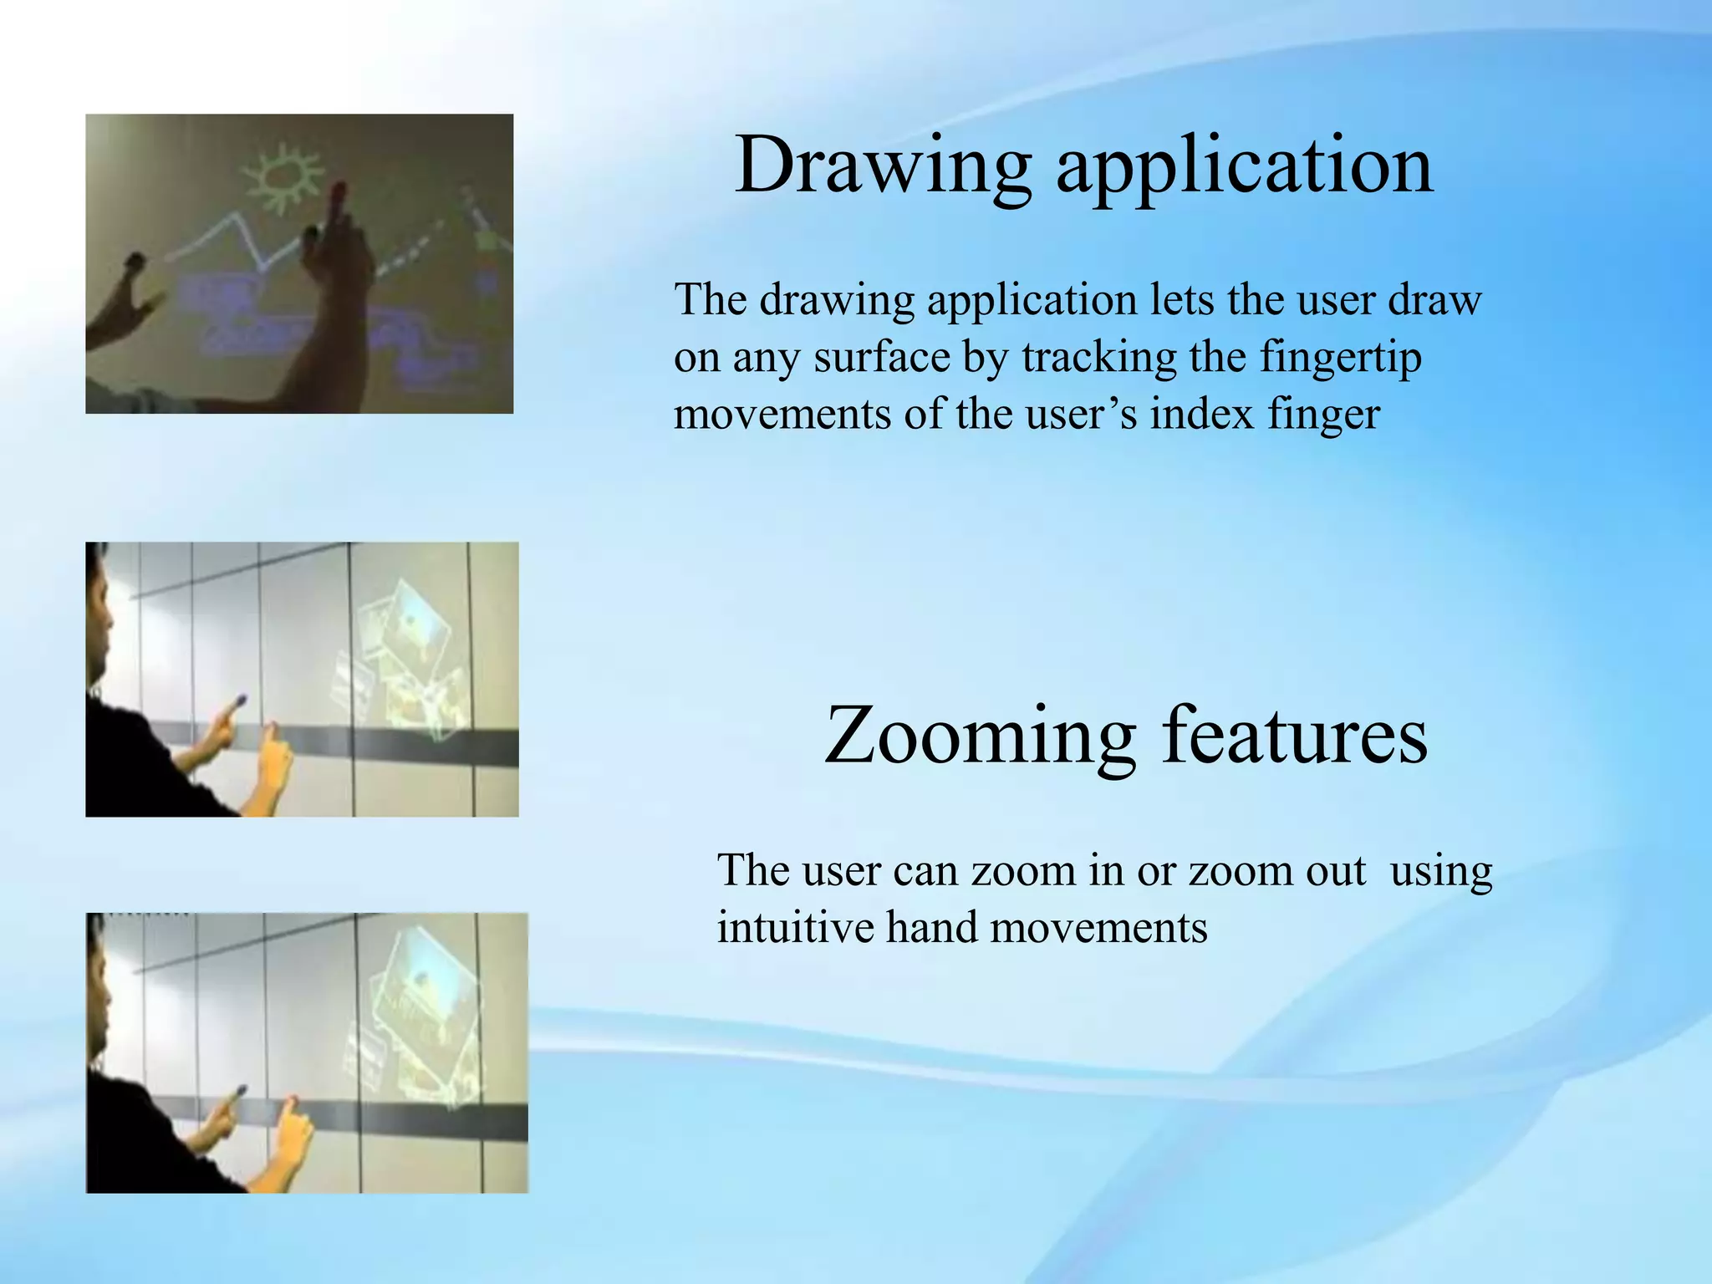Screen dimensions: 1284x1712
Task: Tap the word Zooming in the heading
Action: coord(979,736)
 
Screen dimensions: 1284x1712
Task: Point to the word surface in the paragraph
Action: coord(881,358)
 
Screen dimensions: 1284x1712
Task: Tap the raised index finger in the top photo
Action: coord(337,201)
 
